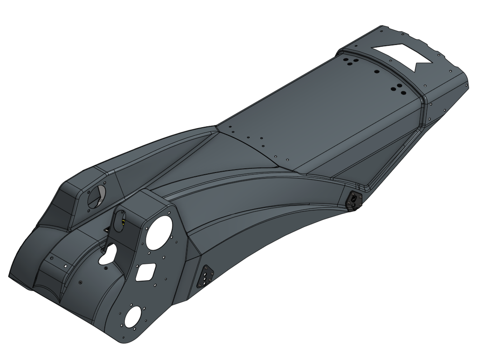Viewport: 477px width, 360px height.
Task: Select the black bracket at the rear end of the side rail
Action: click(354, 200)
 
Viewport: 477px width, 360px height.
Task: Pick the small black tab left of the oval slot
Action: click(107, 230)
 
